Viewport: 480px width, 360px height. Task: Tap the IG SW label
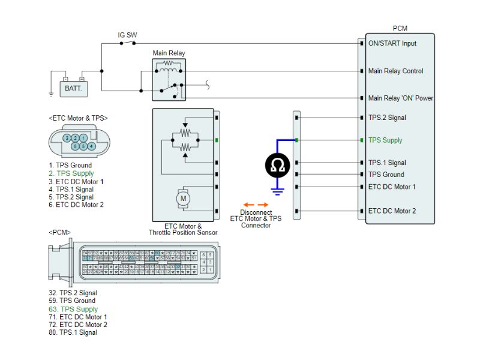pyautogui.click(x=127, y=35)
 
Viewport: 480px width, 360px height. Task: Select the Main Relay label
pyautogui.click(x=169, y=53)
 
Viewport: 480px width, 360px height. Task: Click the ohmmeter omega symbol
pyautogui.click(x=277, y=166)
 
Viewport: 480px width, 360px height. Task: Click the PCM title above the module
pyautogui.click(x=400, y=28)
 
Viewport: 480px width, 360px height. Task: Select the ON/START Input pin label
pyautogui.click(x=392, y=43)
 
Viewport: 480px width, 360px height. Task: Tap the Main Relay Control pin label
pyautogui.click(x=395, y=71)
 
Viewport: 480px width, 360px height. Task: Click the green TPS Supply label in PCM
pyautogui.click(x=385, y=140)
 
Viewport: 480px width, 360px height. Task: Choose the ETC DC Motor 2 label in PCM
pyautogui.click(x=392, y=211)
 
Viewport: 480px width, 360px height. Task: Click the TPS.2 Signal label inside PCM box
pyautogui.click(x=387, y=118)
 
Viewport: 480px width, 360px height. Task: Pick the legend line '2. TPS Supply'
pyautogui.click(x=71, y=173)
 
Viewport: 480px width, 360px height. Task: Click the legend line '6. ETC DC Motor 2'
pyautogui.click(x=76, y=205)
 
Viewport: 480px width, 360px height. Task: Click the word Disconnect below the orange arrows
pyautogui.click(x=256, y=212)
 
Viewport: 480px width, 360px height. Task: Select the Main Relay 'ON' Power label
pyautogui.click(x=400, y=98)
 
